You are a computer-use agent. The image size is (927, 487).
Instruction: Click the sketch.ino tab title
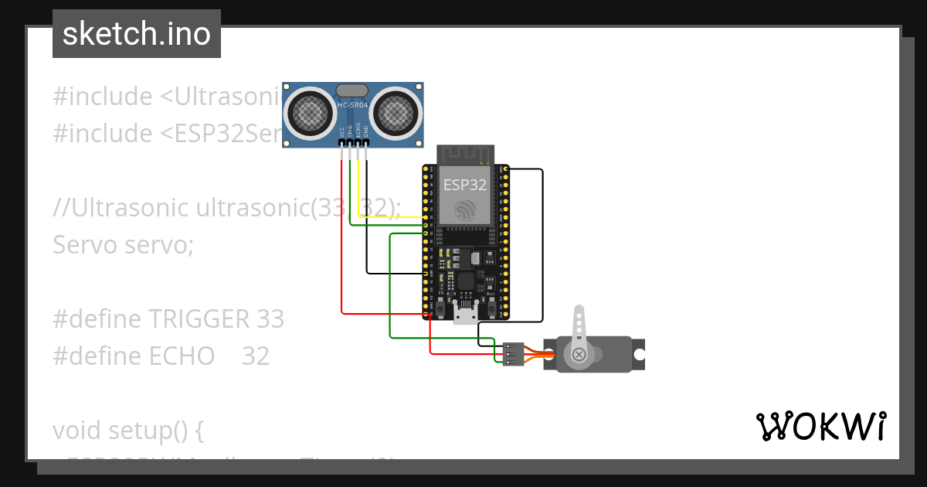[x=136, y=34]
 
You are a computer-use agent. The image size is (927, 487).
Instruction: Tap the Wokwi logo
[x=820, y=426]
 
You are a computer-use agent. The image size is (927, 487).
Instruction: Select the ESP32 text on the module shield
[x=465, y=185]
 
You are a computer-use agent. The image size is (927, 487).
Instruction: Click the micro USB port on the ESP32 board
[x=466, y=314]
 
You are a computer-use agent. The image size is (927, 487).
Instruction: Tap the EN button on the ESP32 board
[x=440, y=308]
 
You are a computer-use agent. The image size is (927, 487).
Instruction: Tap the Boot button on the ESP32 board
[x=491, y=308]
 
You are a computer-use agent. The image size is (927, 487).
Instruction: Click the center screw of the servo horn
[x=579, y=355]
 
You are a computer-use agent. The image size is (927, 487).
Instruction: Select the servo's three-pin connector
[x=513, y=354]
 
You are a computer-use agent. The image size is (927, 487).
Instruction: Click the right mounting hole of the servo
[x=639, y=354]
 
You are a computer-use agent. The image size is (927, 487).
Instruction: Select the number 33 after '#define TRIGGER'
[x=267, y=318]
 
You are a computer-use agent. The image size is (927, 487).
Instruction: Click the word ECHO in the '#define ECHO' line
[x=181, y=356]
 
